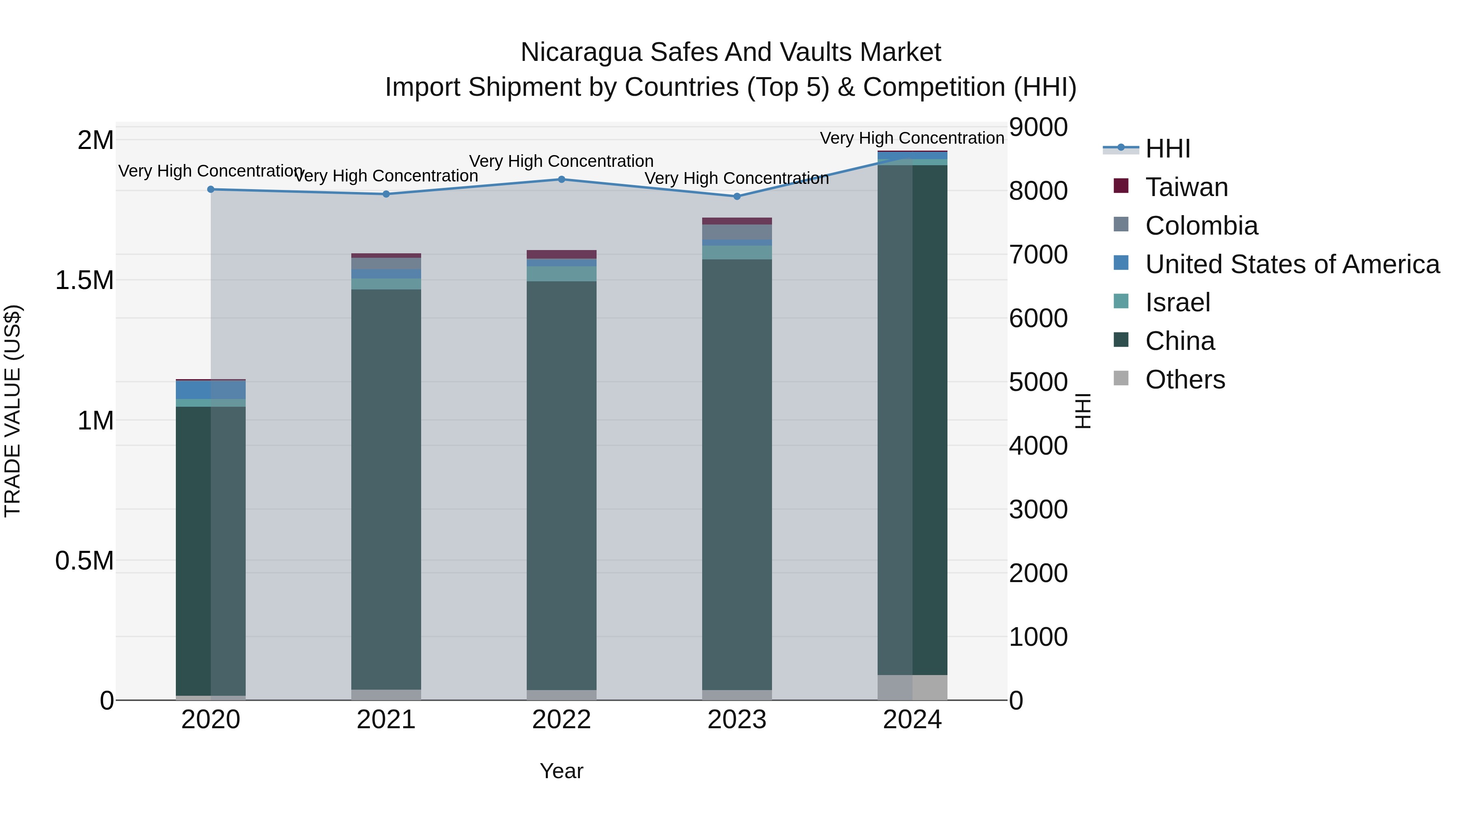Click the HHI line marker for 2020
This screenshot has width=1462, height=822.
210,190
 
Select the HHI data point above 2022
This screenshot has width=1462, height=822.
561,179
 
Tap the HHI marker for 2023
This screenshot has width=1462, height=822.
737,196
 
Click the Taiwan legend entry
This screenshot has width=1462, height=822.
1186,187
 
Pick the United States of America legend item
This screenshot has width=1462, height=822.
1292,264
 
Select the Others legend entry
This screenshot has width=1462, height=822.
1185,380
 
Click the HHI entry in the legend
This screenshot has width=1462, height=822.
1168,149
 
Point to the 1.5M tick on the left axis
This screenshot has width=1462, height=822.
84,280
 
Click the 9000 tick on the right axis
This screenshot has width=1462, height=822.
1038,127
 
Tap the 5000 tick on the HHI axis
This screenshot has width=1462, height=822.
1038,382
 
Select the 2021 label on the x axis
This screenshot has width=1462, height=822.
386,720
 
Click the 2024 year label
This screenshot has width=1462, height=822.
912,720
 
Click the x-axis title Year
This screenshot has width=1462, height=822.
561,771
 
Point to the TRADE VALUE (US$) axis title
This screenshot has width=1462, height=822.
13,411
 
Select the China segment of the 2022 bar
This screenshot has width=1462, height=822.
561,485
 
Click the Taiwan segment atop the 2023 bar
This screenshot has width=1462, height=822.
737,221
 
